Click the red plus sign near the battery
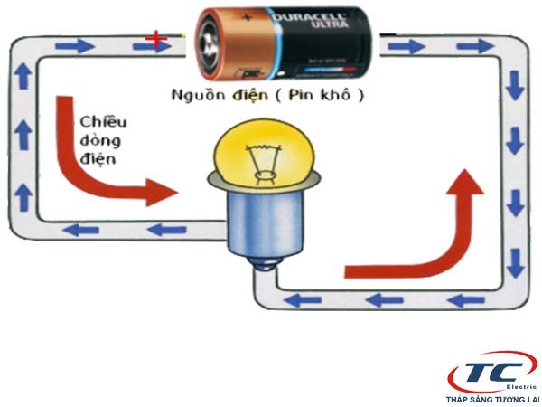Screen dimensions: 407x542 (x=158, y=38)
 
